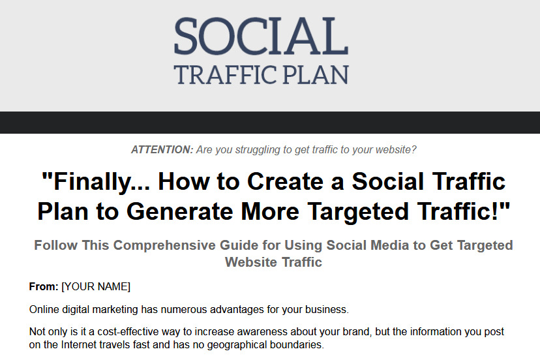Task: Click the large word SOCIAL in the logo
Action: (262, 36)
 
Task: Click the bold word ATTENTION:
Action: (162, 150)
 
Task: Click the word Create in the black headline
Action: (285, 181)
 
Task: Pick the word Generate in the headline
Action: (180, 211)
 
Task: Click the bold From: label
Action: (44, 286)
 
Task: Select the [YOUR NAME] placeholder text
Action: (96, 286)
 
